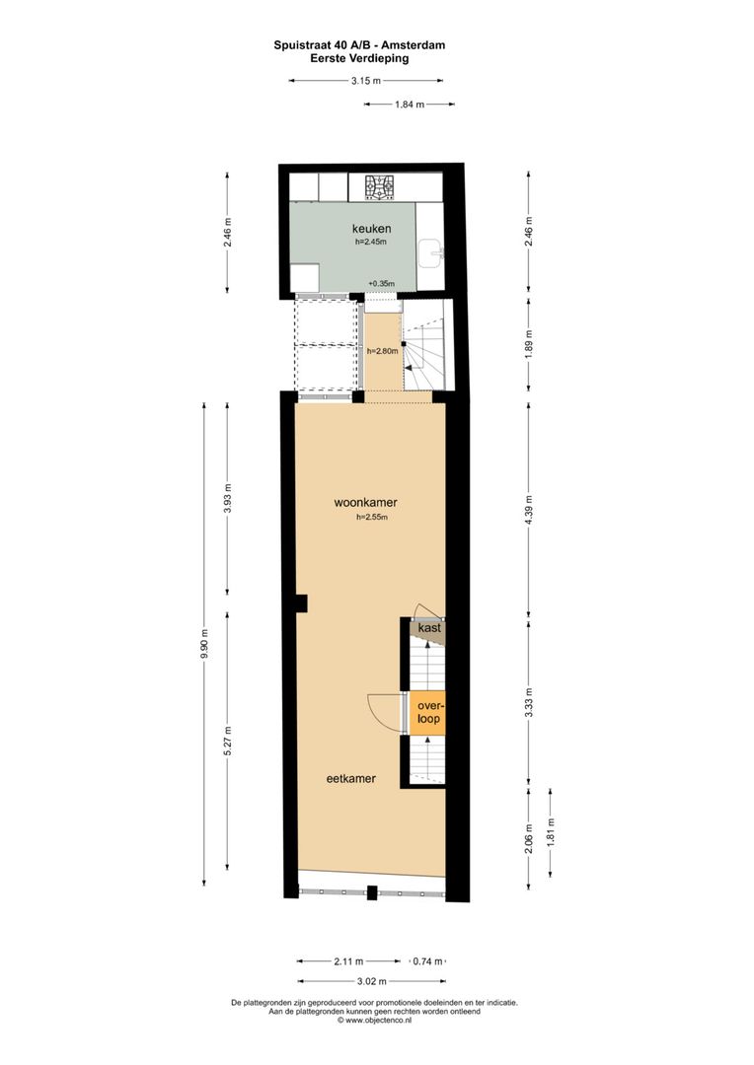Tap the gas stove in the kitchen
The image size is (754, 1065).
[380, 185]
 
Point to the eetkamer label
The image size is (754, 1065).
[351, 778]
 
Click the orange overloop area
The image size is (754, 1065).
[427, 713]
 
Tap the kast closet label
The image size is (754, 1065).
[429, 628]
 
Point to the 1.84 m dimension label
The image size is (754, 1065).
[409, 105]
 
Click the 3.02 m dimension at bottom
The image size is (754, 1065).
[372, 981]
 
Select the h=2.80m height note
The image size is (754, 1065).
[380, 351]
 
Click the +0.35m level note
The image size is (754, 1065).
[381, 284]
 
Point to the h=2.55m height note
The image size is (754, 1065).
[372, 517]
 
